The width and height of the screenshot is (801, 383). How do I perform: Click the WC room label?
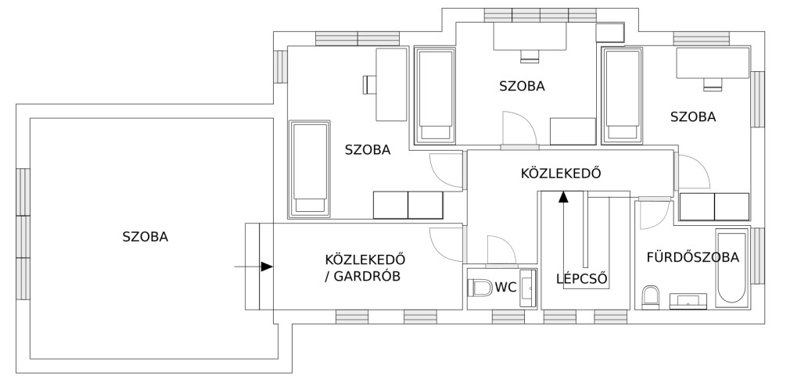point(506,288)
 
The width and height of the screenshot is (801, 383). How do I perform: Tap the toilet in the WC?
point(480,288)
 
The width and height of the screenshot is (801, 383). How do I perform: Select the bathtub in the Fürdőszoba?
point(732,268)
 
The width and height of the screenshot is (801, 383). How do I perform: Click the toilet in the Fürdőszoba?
point(650,297)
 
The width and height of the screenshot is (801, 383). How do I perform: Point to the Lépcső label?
point(582,279)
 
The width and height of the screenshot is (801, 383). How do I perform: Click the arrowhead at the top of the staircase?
point(563,197)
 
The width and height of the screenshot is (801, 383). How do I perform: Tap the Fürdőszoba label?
point(693,257)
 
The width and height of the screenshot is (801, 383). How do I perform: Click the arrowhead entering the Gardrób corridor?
point(267,267)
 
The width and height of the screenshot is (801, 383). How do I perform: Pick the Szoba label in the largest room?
point(145,237)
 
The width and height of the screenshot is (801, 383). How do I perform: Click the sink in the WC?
point(528,288)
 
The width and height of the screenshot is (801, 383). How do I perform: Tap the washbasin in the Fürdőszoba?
point(688,301)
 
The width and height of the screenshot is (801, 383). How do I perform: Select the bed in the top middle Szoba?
point(435,95)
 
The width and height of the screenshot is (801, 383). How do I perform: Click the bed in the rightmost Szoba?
point(623,95)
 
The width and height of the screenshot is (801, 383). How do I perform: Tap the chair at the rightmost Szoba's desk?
point(713,84)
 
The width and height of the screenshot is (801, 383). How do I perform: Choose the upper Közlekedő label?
point(560,173)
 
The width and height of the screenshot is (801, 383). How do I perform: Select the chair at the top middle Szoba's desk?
point(530,56)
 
